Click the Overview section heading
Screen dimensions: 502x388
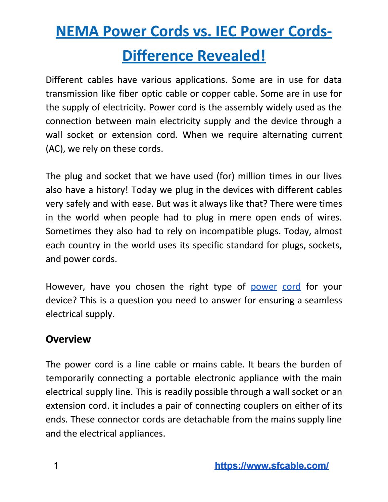[68, 339]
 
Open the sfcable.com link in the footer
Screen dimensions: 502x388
[272, 466]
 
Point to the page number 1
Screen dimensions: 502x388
[56, 466]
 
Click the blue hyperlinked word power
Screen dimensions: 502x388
[264, 287]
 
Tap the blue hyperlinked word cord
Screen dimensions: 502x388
[292, 287]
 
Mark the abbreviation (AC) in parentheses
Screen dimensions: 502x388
[54, 149]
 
